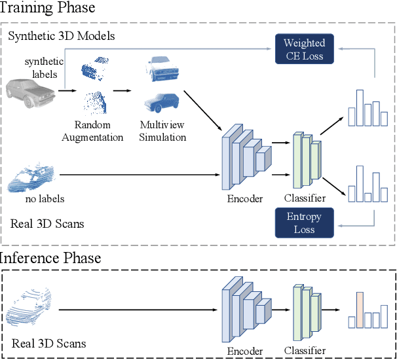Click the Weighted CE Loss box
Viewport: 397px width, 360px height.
[x=304, y=50]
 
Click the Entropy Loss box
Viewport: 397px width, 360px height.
[x=304, y=223]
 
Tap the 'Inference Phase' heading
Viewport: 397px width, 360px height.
[x=51, y=257]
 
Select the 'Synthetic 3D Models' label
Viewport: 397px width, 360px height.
[x=62, y=35]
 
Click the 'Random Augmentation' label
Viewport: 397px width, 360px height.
[x=98, y=131]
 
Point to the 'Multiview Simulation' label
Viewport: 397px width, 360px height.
[x=162, y=131]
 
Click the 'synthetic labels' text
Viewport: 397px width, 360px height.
[x=45, y=67]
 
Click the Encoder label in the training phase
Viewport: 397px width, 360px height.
[x=244, y=198]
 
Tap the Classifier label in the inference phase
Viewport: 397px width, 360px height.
[x=305, y=351]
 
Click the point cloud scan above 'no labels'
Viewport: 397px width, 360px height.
[x=33, y=178]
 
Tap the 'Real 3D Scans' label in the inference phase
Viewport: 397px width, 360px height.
[x=48, y=343]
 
